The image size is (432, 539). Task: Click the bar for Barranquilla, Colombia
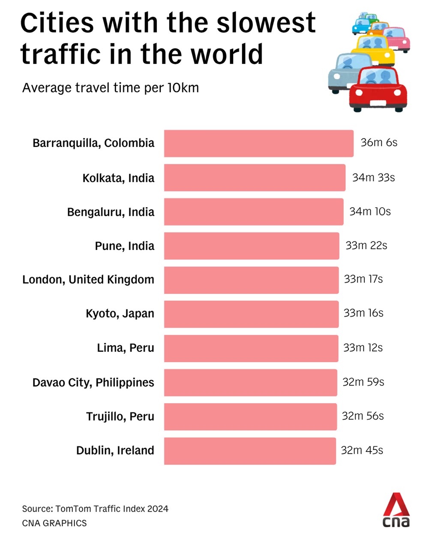point(258,143)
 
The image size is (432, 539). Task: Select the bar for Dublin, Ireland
point(250,451)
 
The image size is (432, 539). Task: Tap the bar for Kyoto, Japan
point(251,314)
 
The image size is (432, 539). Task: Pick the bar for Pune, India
point(251,246)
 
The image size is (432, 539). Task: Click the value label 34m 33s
point(373,178)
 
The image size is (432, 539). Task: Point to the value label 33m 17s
point(363,279)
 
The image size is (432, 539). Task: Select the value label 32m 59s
point(363,382)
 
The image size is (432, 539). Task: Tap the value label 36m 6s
point(379,143)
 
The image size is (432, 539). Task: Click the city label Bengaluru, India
point(111,212)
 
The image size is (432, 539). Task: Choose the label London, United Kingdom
point(88,280)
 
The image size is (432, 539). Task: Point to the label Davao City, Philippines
point(93,382)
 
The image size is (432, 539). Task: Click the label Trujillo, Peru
point(120,417)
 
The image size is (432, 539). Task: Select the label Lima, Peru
point(125,348)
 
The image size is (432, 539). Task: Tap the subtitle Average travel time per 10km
point(111,88)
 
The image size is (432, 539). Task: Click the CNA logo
point(396,510)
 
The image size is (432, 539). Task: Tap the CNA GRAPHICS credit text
point(54,523)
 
